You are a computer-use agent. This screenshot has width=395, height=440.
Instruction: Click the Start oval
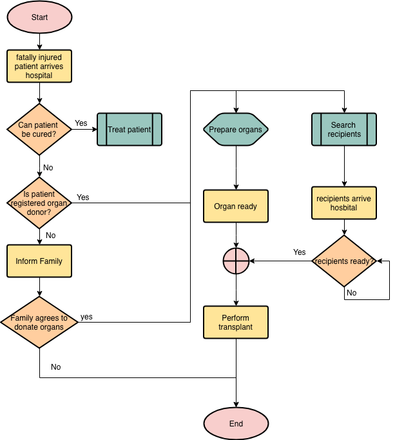[39, 17]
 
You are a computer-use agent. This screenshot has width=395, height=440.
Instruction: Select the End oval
[236, 423]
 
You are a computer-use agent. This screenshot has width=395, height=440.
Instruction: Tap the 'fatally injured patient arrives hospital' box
[39, 66]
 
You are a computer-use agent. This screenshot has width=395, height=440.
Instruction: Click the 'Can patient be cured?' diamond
[39, 130]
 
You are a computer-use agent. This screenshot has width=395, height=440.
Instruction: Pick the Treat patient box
[130, 130]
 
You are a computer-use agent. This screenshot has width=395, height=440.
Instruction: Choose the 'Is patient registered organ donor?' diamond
[39, 203]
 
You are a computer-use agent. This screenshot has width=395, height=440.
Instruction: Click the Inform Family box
[39, 261]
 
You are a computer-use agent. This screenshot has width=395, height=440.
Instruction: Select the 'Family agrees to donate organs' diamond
[39, 322]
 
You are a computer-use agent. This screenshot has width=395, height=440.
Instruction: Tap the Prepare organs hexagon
[236, 130]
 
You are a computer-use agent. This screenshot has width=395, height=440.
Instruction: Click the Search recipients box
[344, 130]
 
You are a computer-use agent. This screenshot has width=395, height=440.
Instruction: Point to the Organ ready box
[236, 206]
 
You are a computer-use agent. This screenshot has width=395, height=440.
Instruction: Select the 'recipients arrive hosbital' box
[344, 203]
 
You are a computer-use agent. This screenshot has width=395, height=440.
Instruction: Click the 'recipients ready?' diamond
[344, 261]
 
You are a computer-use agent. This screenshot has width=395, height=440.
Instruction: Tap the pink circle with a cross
[236, 261]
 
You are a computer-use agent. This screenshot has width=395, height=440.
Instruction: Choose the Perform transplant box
[236, 322]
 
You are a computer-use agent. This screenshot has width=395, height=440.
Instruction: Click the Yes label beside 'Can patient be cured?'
[81, 123]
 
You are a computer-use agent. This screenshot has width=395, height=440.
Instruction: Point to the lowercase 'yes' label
[86, 317]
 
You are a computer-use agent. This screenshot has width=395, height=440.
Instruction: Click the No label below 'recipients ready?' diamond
[352, 293]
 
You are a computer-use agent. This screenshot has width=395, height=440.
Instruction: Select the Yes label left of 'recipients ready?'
[300, 252]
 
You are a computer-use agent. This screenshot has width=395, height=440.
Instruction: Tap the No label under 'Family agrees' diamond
[56, 366]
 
